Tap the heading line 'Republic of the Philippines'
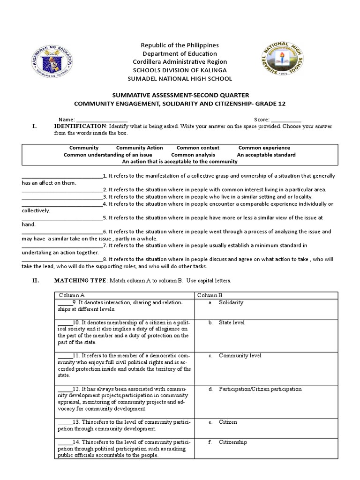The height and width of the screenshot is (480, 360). (180, 45)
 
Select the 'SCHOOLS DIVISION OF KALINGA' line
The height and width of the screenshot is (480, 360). (180, 70)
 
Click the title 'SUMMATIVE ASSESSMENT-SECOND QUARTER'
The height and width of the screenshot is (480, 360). (180, 95)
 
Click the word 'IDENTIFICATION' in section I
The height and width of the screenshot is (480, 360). (80, 126)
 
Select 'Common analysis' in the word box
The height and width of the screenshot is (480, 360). (193, 155)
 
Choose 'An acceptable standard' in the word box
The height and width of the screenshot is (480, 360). (266, 155)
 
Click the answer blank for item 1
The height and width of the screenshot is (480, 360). (62, 177)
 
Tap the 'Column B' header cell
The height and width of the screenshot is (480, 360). (210, 295)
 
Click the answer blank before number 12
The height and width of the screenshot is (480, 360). (65, 390)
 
